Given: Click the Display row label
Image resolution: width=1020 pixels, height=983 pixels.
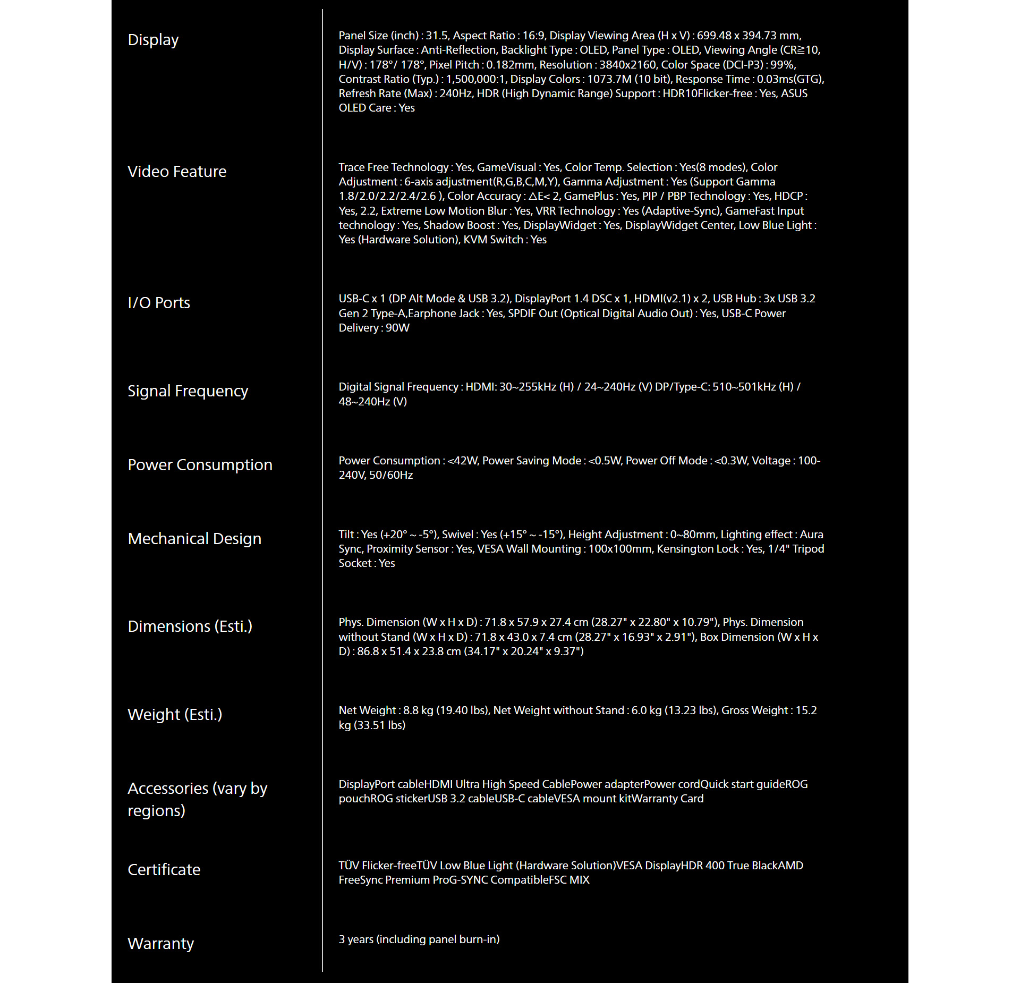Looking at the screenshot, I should coord(153,40).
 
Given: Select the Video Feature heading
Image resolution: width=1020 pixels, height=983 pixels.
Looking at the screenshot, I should coord(177,172).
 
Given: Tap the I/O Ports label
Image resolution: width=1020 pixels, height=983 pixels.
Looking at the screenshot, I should coord(159,303).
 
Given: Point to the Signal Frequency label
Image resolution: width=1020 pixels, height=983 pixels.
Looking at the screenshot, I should coord(188,391).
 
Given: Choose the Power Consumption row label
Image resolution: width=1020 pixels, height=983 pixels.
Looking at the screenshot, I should coord(200,465).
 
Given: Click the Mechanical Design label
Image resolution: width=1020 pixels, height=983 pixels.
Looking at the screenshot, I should coord(194,539).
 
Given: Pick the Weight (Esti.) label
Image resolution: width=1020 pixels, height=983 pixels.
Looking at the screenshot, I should coord(175,715).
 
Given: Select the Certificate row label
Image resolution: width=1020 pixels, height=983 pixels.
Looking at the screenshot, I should coord(164,870).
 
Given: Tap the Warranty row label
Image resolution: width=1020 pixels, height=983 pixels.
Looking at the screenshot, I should coord(160,944).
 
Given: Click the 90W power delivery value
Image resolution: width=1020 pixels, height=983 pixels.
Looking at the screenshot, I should coord(397,328).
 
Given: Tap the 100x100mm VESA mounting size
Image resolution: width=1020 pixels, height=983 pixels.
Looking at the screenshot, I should coord(619,549).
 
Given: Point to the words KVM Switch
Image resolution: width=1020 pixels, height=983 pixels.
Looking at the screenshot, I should coord(493,240).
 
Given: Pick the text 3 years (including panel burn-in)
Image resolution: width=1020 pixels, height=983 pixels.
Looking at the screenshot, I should coord(419,939).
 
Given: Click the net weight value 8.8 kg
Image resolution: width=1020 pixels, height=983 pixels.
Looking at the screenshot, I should coord(418,710).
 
